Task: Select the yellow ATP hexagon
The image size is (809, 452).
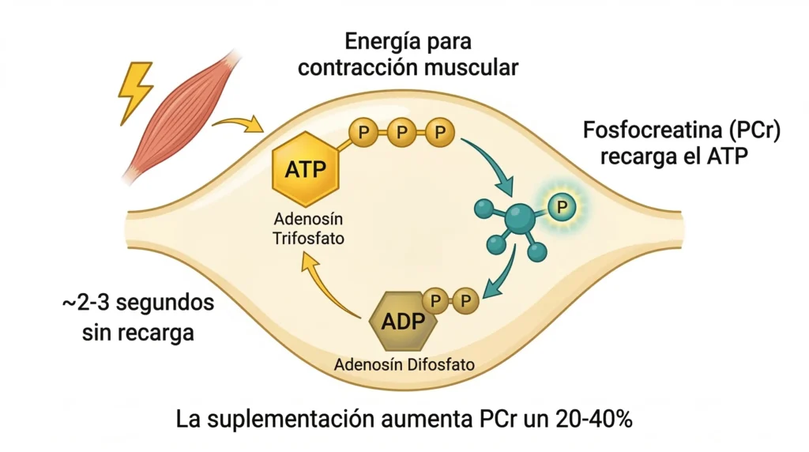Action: tap(305, 171)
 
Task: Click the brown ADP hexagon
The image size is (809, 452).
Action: tap(404, 322)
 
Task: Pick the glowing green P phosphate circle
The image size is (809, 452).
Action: tap(563, 207)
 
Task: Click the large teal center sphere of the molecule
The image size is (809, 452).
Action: tap(518, 217)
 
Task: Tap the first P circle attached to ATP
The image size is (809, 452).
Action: tap(363, 132)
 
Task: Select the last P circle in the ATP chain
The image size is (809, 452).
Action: tap(440, 132)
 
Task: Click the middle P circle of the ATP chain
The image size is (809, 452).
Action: tap(401, 132)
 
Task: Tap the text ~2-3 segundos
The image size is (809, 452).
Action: tap(137, 303)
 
